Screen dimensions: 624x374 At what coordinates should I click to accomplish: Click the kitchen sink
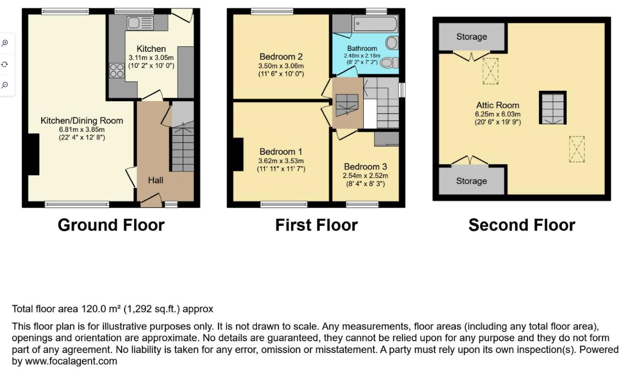140,22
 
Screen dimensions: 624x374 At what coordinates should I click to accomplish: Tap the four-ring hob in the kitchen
117,71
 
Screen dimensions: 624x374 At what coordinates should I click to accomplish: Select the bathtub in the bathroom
375,24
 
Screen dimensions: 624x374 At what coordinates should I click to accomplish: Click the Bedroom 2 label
281,57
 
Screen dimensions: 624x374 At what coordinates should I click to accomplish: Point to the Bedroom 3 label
365,166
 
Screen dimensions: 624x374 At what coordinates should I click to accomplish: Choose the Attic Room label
497,105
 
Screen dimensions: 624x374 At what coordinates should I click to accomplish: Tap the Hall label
156,180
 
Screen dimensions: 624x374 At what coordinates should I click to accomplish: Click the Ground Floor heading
111,225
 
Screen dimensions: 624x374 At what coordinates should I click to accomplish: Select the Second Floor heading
522,225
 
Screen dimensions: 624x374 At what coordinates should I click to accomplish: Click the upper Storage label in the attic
472,36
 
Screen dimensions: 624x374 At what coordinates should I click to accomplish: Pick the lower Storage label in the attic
471,181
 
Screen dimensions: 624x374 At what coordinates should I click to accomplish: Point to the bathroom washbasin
392,43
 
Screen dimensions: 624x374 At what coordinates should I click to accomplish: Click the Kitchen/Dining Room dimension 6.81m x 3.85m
82,129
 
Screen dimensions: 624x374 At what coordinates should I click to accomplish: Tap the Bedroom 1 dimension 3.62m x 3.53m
281,161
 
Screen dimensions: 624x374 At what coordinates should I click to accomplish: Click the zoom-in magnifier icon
5,43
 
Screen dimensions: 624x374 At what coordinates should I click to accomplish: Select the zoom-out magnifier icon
5,85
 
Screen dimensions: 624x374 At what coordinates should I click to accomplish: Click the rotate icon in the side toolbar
5,65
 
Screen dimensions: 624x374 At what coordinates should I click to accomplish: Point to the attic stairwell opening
552,108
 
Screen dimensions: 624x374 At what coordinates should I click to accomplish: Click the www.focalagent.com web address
71,361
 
